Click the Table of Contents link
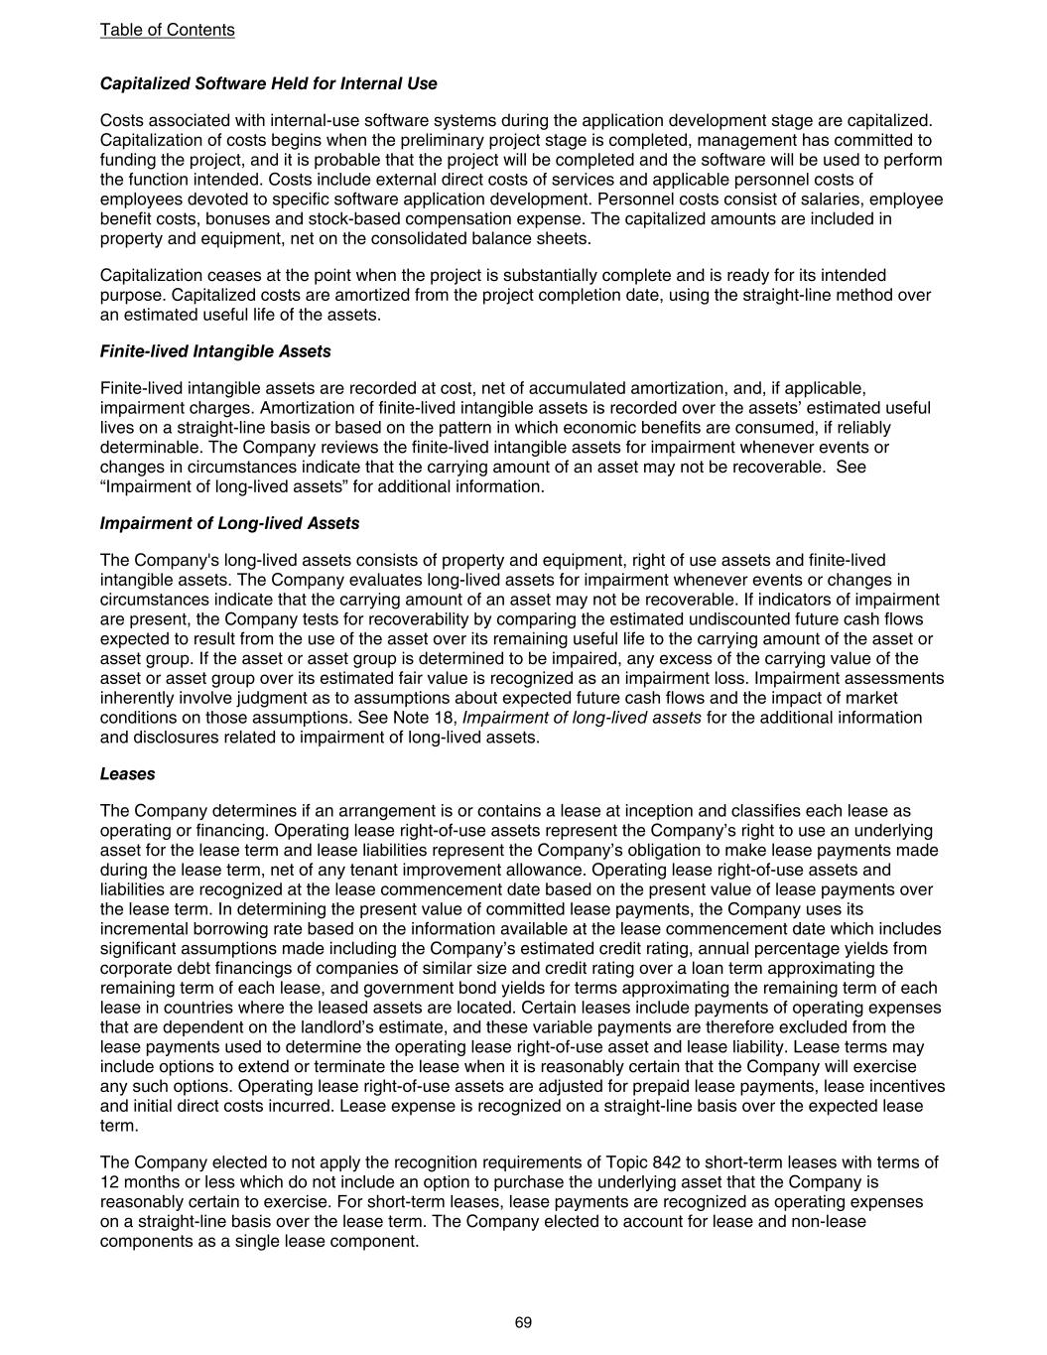[167, 30]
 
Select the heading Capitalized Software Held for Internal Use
[268, 83]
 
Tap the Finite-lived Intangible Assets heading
[215, 351]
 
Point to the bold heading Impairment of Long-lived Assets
[229, 523]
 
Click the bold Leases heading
[127, 773]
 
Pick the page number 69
[523, 1322]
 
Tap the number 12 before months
[109, 1182]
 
